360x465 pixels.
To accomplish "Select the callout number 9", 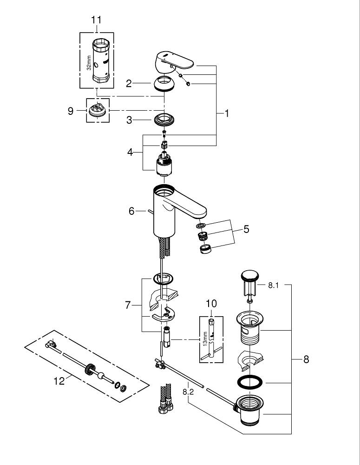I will pyautogui.click(x=71, y=111).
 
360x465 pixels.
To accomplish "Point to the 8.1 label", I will pyautogui.click(x=274, y=285).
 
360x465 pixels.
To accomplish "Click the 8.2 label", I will pyautogui.click(x=188, y=392).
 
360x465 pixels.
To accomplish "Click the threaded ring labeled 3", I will pyautogui.click(x=163, y=120).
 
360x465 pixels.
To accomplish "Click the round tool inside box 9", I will pyautogui.click(x=98, y=111).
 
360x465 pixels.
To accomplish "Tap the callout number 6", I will pyautogui.click(x=132, y=211).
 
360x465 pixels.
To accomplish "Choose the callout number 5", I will pyautogui.click(x=246, y=229).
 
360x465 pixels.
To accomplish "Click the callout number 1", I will pyautogui.click(x=227, y=113).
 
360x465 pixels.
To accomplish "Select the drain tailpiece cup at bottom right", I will pyautogui.click(x=251, y=409).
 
